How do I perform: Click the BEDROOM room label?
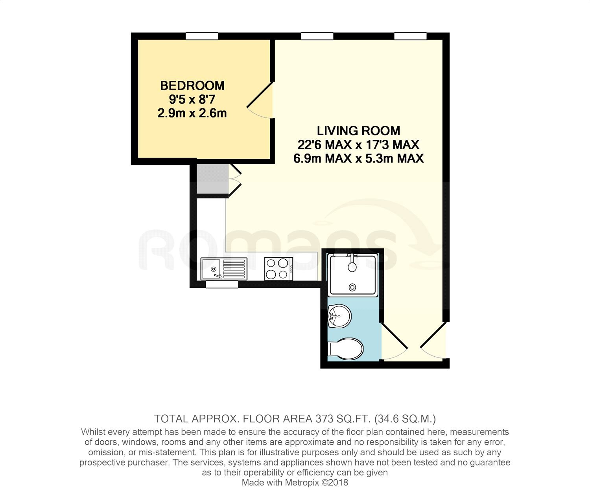[x=192, y=86]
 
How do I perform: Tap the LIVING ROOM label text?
[x=358, y=131]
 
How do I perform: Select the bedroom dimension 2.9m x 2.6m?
[x=192, y=113]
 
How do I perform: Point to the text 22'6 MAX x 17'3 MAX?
[x=358, y=145]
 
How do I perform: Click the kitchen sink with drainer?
[x=224, y=269]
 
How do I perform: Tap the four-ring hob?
[x=278, y=269]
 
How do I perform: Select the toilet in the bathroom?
[x=345, y=349]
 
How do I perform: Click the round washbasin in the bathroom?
[x=339, y=316]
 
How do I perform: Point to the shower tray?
[x=353, y=275]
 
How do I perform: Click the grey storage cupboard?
[x=212, y=179]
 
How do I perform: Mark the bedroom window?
[x=202, y=36]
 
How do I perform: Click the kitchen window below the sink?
[x=222, y=284]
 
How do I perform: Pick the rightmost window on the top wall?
[x=410, y=36]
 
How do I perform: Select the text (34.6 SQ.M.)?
[x=405, y=419]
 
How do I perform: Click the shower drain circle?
[x=352, y=287]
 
